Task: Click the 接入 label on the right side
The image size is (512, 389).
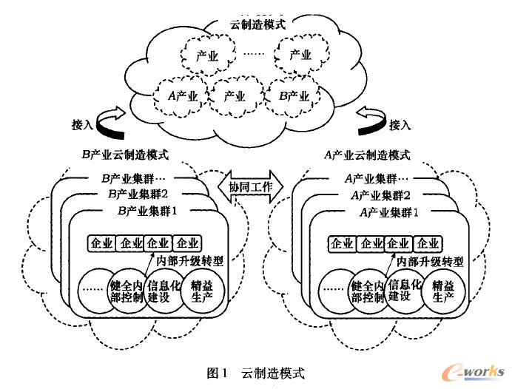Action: coord(400,124)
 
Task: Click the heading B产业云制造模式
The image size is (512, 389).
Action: coord(125,155)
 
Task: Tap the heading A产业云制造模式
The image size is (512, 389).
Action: coord(368,155)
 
